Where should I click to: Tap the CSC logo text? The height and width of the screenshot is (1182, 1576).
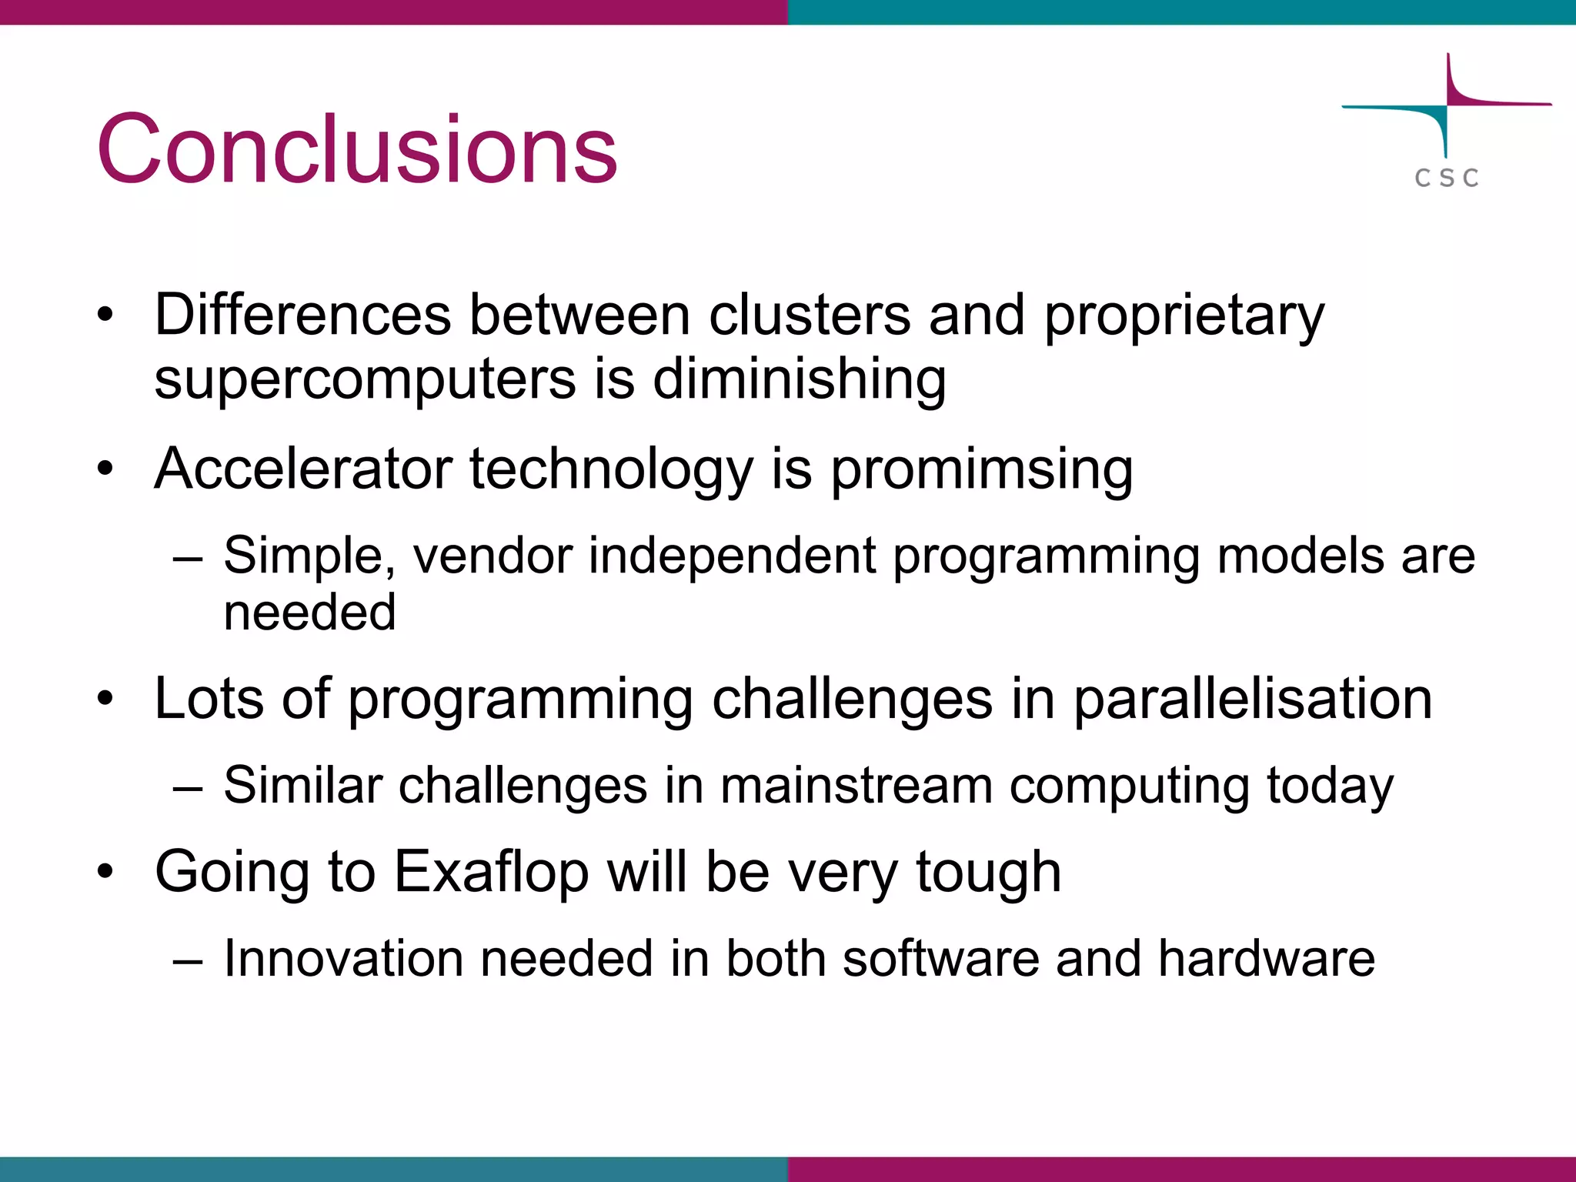[1446, 178]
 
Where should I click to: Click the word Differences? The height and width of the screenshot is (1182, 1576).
[302, 315]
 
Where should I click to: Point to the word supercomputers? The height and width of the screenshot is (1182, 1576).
[365, 379]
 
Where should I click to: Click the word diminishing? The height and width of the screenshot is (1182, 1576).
[800, 379]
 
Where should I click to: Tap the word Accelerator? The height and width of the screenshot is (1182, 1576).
[303, 469]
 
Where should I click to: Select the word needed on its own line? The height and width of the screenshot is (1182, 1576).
[309, 613]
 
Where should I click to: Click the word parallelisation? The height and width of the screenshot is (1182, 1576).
[1252, 700]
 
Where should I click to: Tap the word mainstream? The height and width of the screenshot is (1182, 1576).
[856, 786]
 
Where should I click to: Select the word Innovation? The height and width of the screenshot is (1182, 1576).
[343, 959]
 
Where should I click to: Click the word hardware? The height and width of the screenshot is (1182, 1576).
[1266, 959]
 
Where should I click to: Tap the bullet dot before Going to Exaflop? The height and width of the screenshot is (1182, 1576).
[105, 872]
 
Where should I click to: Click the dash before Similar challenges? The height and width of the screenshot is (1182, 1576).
[188, 789]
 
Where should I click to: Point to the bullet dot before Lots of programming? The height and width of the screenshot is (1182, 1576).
[105, 699]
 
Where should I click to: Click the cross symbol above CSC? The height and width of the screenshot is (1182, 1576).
[1447, 105]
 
